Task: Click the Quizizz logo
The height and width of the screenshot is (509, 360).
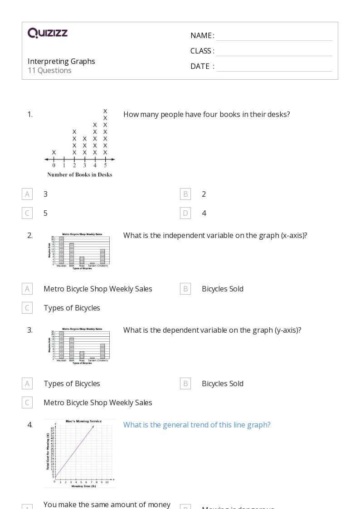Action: [48, 33]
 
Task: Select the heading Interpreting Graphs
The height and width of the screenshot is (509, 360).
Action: [61, 61]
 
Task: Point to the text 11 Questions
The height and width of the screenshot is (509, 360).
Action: [49, 70]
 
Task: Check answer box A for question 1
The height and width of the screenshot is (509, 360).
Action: [27, 194]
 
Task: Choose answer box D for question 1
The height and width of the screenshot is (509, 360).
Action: [185, 213]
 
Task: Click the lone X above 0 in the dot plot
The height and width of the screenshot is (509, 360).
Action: [54, 152]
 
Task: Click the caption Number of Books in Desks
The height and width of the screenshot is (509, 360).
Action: [79, 175]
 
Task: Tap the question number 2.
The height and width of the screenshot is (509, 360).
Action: [30, 235]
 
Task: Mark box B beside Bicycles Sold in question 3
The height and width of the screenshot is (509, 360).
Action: [185, 383]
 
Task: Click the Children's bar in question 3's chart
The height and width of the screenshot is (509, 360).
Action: [103, 351]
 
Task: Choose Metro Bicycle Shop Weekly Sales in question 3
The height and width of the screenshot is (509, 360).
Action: [97, 402]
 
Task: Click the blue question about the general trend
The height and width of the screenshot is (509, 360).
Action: [197, 425]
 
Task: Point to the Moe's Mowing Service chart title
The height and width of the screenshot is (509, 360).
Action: [84, 421]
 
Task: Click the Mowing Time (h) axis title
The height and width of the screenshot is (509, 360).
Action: [83, 486]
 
